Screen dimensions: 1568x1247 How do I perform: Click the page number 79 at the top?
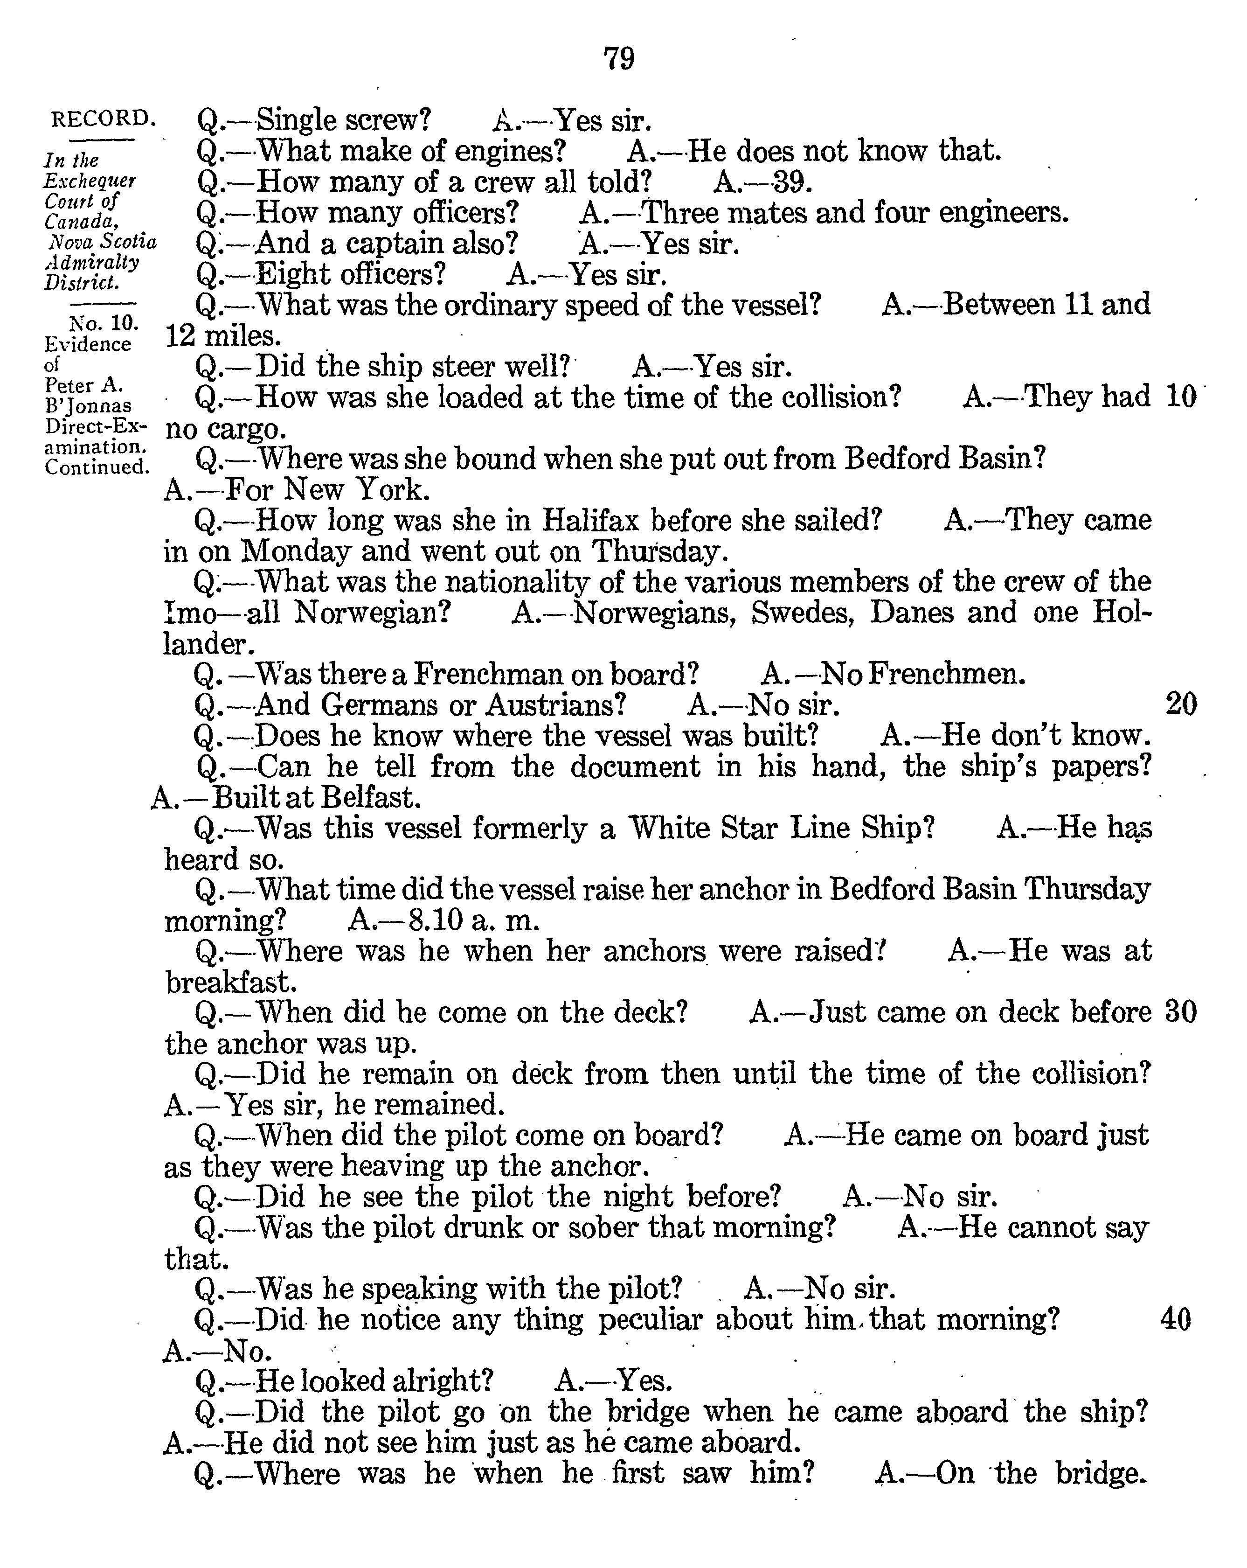619,58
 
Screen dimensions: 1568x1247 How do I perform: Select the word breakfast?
230,983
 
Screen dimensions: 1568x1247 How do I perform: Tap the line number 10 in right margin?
1180,397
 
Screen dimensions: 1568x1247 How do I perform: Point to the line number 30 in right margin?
1180,1012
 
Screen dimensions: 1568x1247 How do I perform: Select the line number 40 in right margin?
1176,1318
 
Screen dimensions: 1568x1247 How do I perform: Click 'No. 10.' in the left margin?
103,323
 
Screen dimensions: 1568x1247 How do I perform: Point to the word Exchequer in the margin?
90,181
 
